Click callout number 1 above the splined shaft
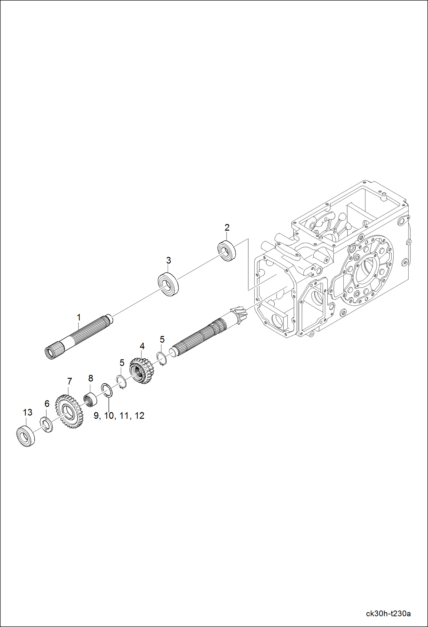(79, 317)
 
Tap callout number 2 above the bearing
(227, 228)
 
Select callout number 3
(169, 260)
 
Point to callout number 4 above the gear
(142, 346)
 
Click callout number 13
(28, 412)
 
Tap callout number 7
(69, 381)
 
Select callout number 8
(91, 378)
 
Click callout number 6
(47, 404)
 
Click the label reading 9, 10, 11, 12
(119, 416)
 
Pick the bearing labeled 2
(227, 251)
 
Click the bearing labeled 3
(169, 284)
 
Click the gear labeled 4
(142, 371)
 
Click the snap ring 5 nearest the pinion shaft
(162, 359)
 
